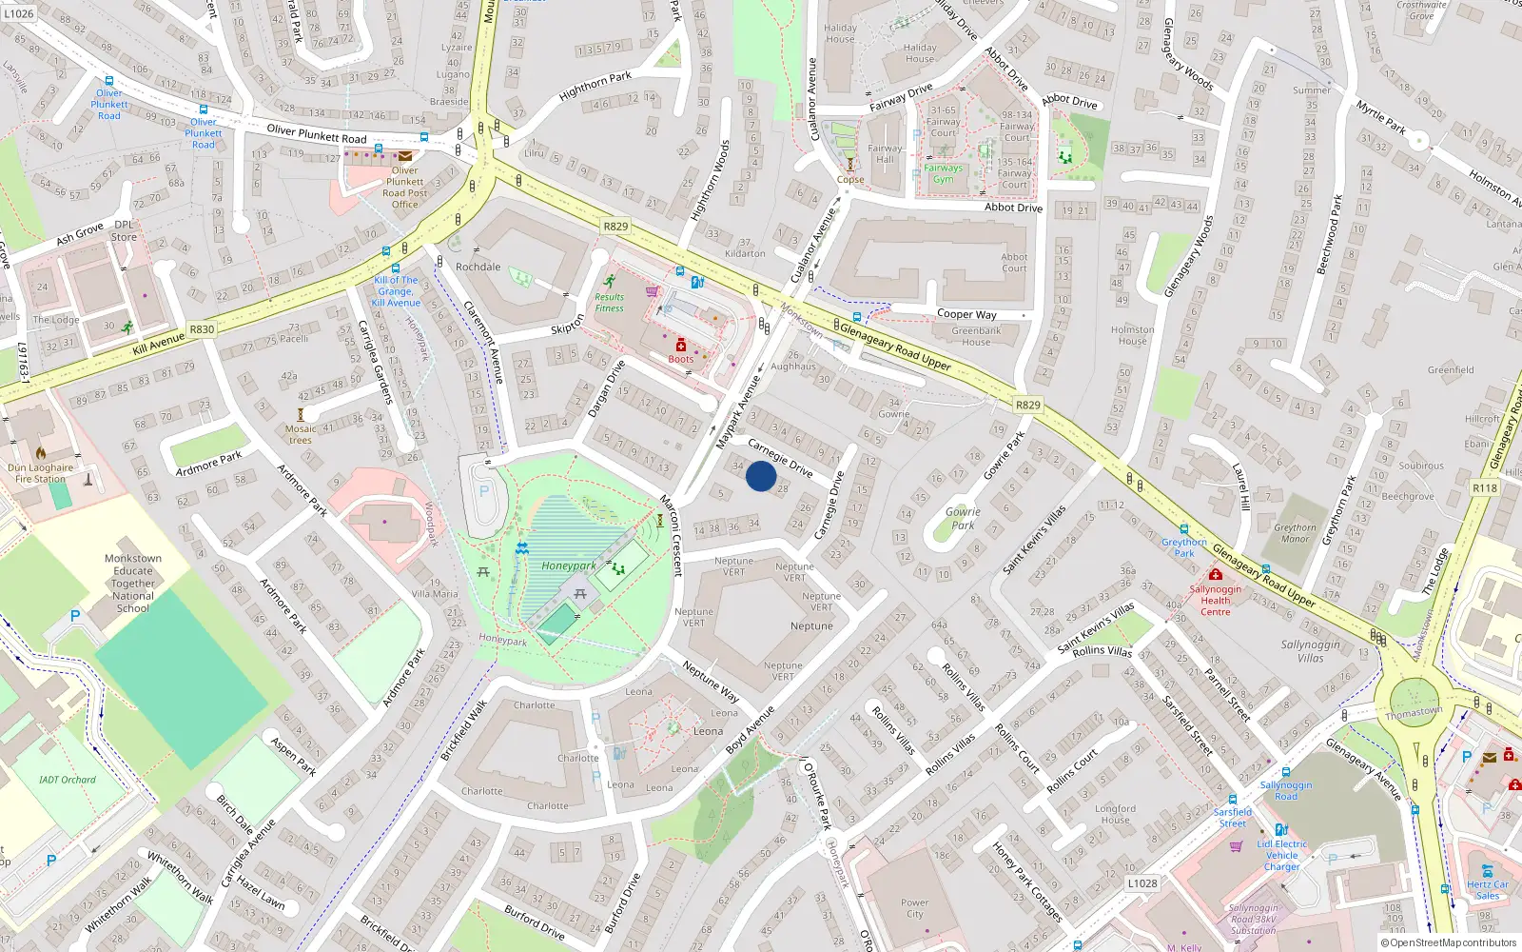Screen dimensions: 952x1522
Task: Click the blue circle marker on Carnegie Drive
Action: tap(761, 476)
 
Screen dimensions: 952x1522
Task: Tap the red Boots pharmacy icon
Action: tap(680, 346)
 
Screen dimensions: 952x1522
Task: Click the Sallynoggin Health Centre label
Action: tap(1215, 601)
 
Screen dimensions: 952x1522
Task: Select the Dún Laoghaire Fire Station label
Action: tap(40, 473)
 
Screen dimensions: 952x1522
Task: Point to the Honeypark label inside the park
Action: tap(569, 565)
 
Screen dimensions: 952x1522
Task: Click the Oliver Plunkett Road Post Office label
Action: tap(405, 188)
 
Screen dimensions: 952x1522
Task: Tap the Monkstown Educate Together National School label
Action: tap(133, 583)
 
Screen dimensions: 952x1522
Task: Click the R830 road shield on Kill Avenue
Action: tap(202, 329)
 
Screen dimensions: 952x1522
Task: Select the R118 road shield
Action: tap(1484, 487)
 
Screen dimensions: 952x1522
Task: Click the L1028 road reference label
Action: tap(1142, 883)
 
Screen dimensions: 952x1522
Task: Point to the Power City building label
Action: tap(914, 908)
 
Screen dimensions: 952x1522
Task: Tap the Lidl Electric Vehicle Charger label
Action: tap(1281, 855)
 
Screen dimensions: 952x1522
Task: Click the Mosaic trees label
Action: tap(301, 434)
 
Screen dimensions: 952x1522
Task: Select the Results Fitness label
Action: tap(610, 303)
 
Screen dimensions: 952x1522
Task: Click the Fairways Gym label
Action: tap(943, 173)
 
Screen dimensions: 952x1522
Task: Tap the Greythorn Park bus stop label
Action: tap(1183, 547)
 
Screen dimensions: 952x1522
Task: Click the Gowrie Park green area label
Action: tap(963, 518)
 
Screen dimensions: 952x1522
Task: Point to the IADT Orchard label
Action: tap(68, 780)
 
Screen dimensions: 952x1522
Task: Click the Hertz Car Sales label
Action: tap(1487, 889)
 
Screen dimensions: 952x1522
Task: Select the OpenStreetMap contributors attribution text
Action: tap(1448, 942)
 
